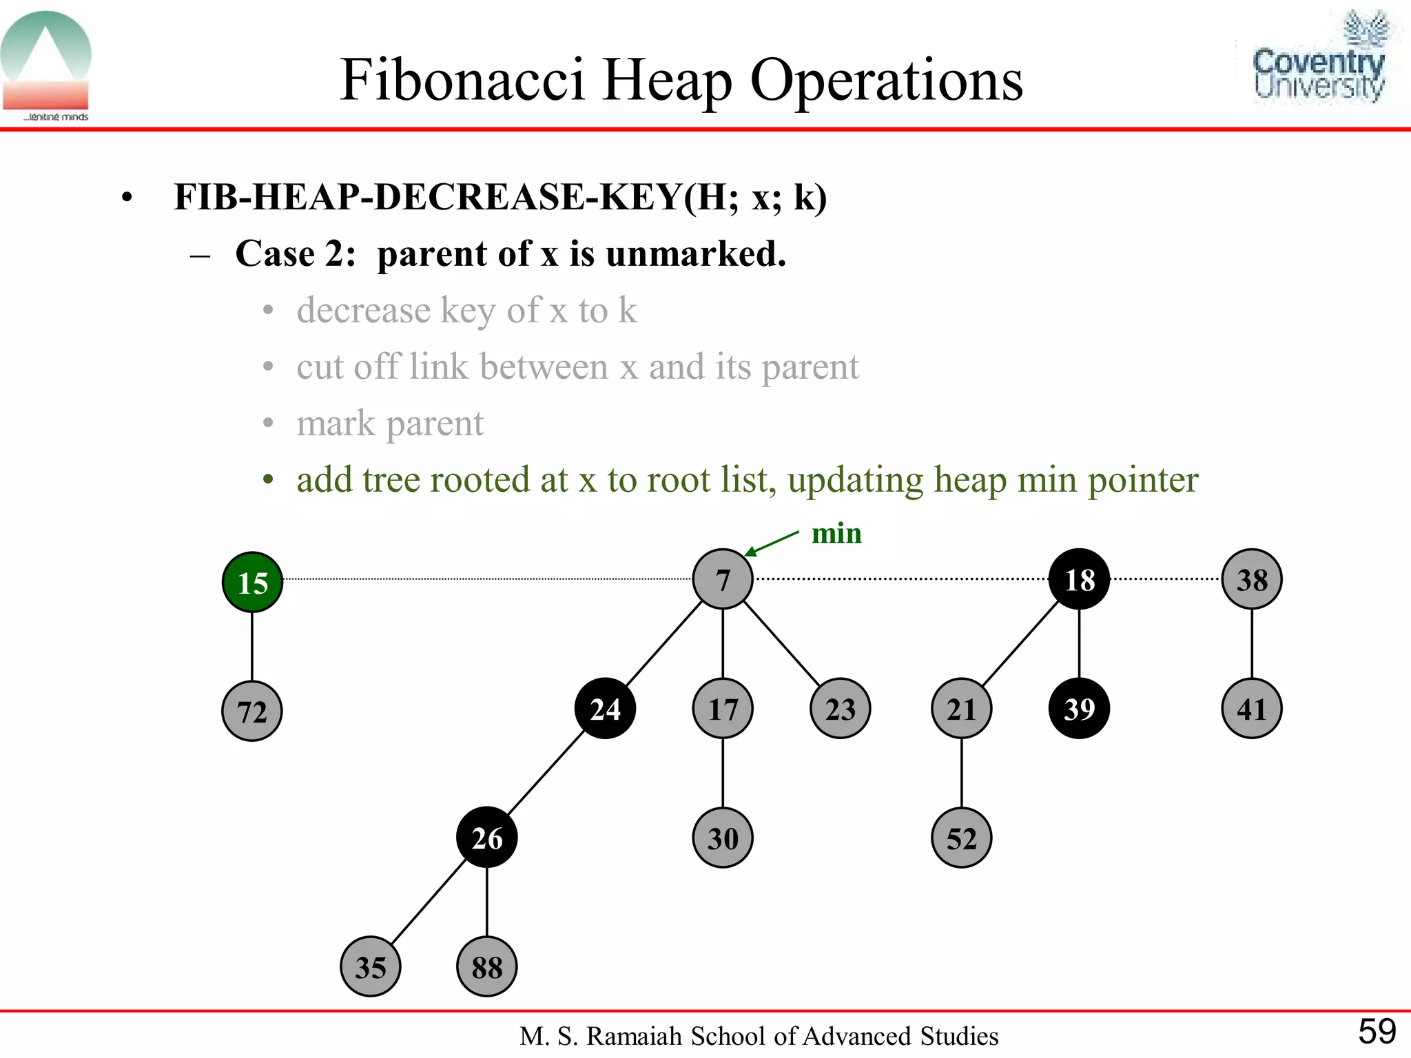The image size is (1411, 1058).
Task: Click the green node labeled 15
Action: [252, 582]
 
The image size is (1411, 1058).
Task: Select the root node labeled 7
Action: [723, 579]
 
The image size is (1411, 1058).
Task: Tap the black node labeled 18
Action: [1079, 579]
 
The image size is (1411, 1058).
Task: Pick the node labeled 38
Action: [1252, 579]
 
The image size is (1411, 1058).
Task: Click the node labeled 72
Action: [252, 711]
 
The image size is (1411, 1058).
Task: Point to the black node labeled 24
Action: [605, 709]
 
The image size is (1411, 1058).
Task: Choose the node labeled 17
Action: [723, 709]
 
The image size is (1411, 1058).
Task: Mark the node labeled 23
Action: [841, 709]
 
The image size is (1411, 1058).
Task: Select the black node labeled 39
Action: [1079, 709]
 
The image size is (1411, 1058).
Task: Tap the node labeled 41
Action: [1252, 709]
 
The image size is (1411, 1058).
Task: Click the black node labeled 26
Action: [487, 838]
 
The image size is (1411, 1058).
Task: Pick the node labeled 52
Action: [962, 838]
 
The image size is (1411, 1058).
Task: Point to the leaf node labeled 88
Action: [487, 967]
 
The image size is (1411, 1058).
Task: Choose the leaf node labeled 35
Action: [371, 967]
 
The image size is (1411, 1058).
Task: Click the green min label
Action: [836, 534]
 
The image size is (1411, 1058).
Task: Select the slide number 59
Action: [1377, 1032]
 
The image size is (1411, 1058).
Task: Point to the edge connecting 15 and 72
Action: [252, 646]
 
